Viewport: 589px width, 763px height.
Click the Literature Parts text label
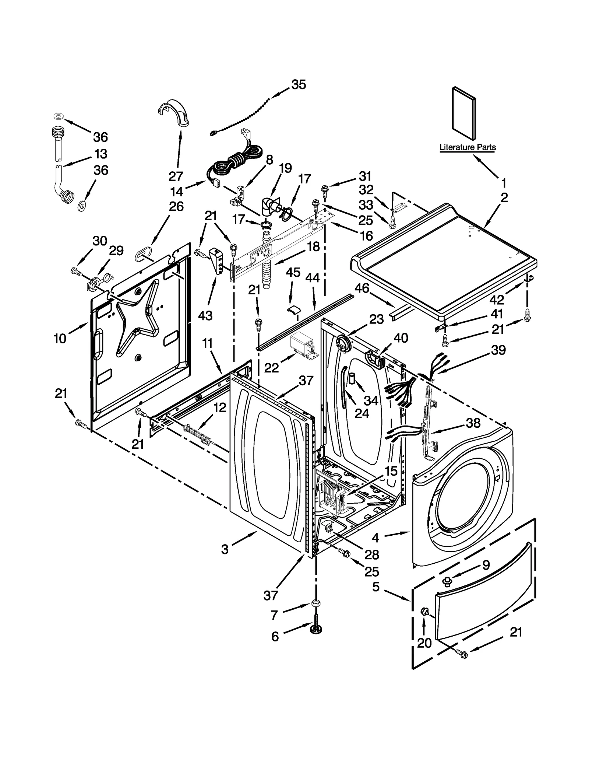pos(467,147)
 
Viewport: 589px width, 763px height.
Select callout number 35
pos(299,85)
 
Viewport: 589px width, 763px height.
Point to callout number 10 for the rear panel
pos(60,338)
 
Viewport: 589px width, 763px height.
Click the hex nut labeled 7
pos(315,603)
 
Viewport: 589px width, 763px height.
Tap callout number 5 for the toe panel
pos(375,587)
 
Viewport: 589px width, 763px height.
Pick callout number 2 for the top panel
pos(504,197)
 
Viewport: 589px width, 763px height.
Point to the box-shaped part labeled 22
pos(303,345)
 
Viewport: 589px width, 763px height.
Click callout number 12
pos(219,407)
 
